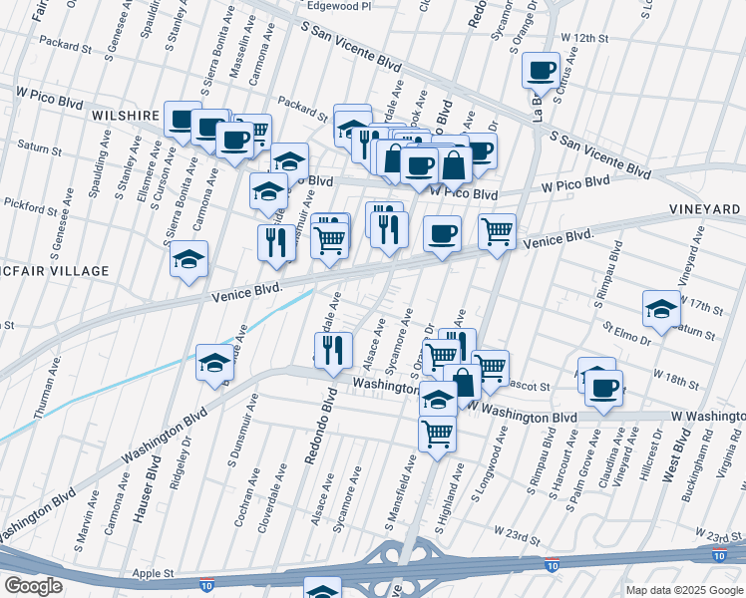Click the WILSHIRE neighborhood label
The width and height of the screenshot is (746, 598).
[x=126, y=116]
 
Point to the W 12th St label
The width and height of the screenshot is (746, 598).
[x=584, y=37]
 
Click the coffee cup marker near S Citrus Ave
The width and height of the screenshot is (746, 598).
[x=542, y=71]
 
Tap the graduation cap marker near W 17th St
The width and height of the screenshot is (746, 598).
[x=661, y=309]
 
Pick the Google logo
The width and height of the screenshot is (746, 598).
[x=32, y=586]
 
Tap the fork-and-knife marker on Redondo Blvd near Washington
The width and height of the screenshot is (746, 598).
[x=333, y=351]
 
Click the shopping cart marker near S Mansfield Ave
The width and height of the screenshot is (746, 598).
[x=437, y=436]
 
